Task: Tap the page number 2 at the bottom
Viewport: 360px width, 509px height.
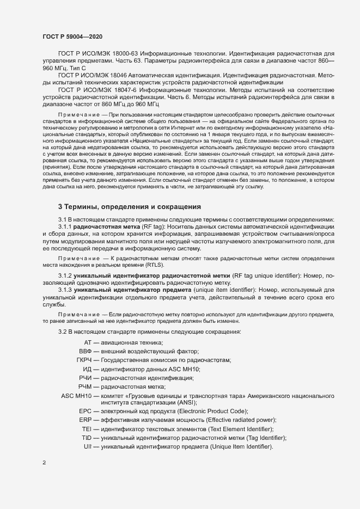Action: (44, 463)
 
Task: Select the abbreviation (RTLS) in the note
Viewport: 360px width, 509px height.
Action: (154, 264)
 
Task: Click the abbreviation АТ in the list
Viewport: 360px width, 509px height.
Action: (87, 342)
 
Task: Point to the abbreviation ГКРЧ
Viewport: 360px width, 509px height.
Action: (84, 360)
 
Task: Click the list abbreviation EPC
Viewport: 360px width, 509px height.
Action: (85, 411)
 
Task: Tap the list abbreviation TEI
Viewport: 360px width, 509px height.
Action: (86, 429)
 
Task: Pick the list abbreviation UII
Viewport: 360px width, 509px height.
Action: (87, 446)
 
